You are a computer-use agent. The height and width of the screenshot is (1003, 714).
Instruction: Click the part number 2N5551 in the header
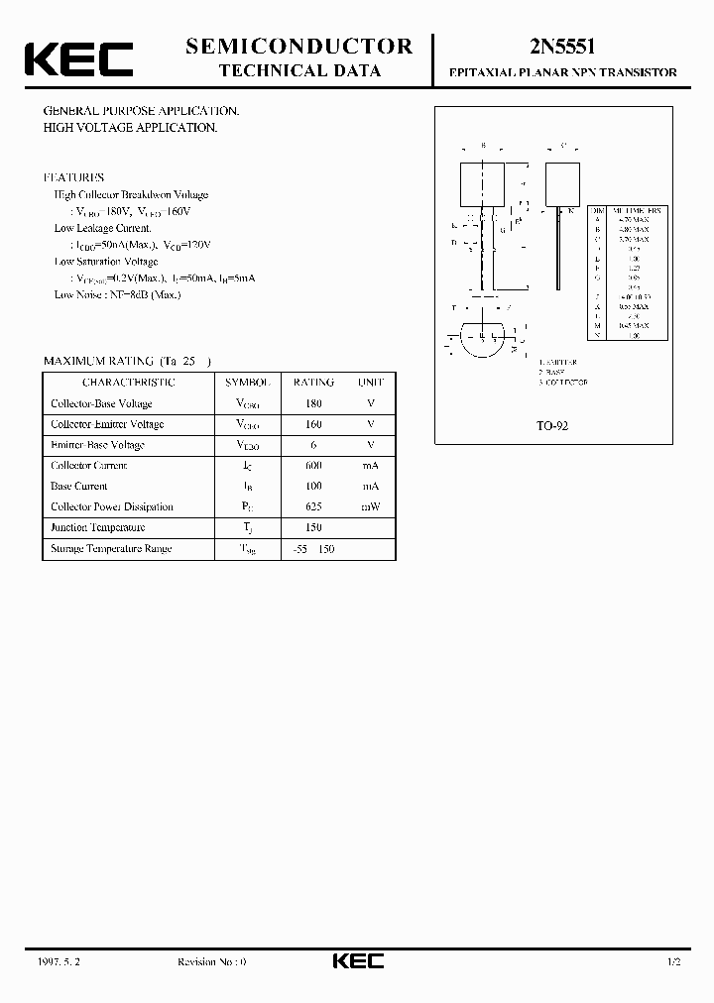[x=562, y=46]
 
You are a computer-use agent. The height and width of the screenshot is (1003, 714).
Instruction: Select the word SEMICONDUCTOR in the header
[x=299, y=46]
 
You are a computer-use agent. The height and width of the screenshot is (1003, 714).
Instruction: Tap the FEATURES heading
[x=74, y=177]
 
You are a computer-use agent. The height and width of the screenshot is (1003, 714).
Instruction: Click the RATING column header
[x=313, y=382]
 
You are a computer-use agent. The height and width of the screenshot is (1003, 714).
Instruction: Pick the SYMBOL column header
[x=247, y=382]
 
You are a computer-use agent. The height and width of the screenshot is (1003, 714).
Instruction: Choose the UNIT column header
[x=371, y=382]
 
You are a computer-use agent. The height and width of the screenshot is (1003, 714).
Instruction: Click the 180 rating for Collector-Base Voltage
[x=313, y=403]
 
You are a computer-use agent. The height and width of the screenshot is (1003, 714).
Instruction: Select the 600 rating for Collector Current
[x=313, y=465]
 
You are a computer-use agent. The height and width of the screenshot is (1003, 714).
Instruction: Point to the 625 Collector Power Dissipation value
[x=313, y=506]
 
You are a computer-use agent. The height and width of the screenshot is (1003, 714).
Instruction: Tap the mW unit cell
[x=371, y=506]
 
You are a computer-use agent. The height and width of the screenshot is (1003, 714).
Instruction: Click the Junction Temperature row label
[x=98, y=527]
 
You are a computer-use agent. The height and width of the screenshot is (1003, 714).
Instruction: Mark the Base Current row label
[x=78, y=486]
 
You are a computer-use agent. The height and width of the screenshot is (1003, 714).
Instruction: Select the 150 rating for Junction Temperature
[x=313, y=527]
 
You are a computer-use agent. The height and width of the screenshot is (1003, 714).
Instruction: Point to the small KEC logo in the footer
[x=357, y=961]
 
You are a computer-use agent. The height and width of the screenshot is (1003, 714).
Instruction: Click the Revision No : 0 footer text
[x=211, y=962]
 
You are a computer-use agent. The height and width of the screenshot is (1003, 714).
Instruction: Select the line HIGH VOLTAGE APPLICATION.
[x=130, y=128]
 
